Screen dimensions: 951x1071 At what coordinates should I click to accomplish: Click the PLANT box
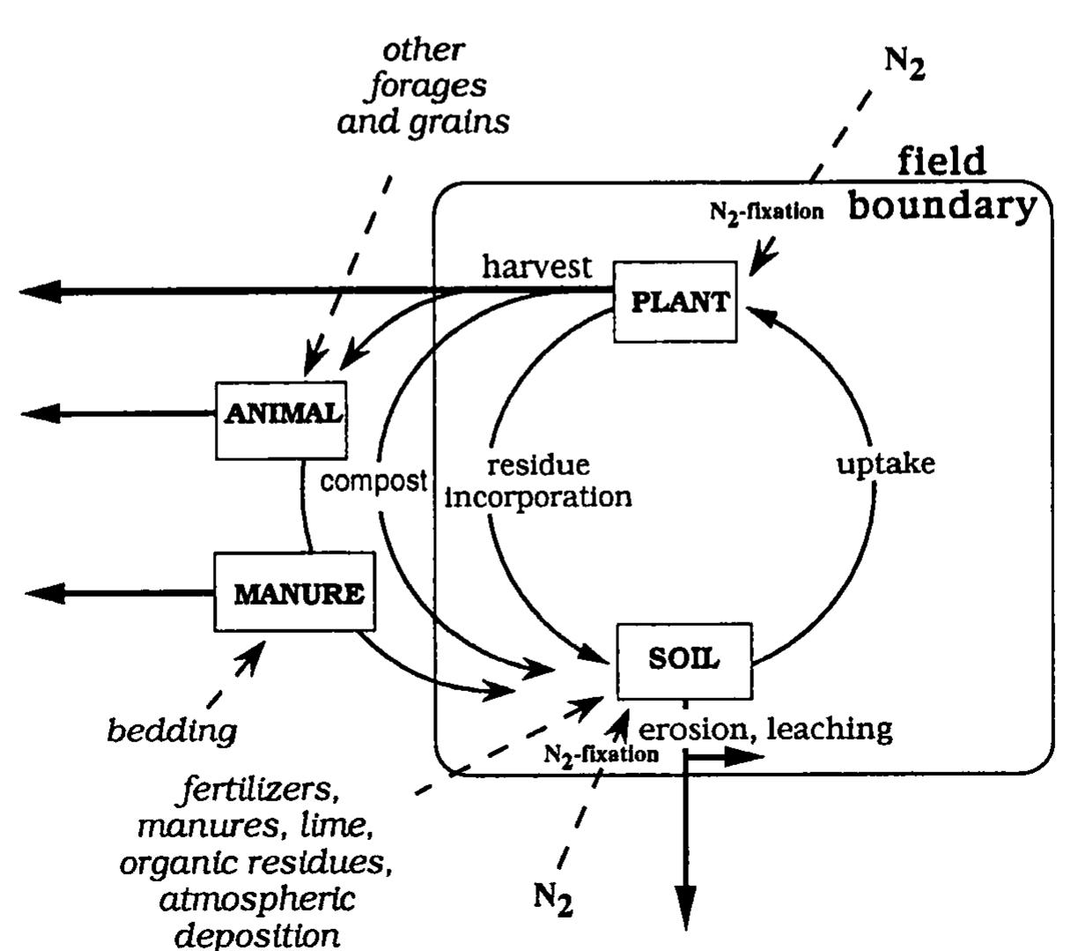coord(675,301)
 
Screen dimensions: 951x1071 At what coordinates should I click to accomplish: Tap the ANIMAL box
coord(281,420)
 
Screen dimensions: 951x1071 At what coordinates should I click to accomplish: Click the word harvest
coord(536,266)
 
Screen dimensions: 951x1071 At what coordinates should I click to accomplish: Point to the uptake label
coord(885,464)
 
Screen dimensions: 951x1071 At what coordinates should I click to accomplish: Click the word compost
coord(373,481)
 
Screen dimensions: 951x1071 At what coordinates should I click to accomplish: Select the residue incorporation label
coord(538,480)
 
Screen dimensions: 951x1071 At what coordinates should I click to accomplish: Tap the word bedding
coord(173,731)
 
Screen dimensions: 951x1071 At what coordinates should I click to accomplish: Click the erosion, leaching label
coord(764,729)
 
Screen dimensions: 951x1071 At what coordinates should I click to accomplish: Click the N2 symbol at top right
coord(904,64)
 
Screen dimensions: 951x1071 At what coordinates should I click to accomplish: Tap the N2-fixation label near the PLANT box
coord(766,212)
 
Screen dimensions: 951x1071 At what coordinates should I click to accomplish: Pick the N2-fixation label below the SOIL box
coord(601,754)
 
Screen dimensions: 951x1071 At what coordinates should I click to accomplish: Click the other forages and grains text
coord(424,85)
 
